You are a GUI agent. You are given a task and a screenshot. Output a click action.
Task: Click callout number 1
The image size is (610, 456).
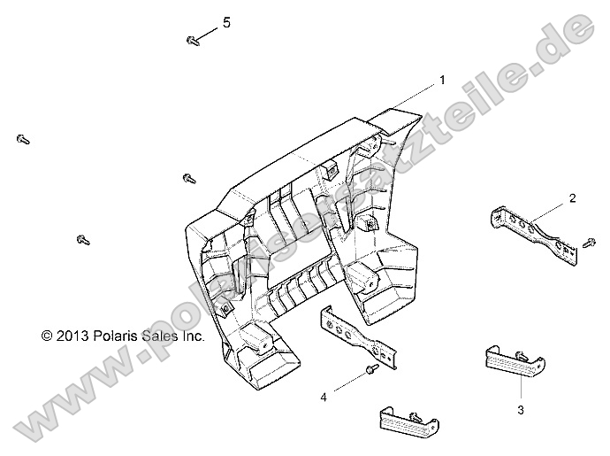coord(442,81)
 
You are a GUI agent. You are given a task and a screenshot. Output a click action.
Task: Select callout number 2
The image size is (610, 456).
coord(572,198)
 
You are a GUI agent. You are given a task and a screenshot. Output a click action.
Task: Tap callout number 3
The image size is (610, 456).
coord(521,410)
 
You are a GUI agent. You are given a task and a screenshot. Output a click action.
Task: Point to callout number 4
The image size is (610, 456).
coord(324,398)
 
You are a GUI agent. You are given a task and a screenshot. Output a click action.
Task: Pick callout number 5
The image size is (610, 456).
coord(226,23)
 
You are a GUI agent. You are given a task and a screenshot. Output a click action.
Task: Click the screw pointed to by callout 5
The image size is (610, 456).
coord(193,41)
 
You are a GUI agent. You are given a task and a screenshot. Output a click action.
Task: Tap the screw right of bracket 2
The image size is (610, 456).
coord(590,242)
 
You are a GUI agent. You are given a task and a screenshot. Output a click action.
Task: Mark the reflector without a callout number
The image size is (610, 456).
coord(408,423)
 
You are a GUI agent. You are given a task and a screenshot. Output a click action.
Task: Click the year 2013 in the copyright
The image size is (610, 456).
coord(72,336)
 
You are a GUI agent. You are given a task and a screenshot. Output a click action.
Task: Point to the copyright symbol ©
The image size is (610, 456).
coord(47,336)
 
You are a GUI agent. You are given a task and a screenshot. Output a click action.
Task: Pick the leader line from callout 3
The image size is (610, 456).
coord(521,385)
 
